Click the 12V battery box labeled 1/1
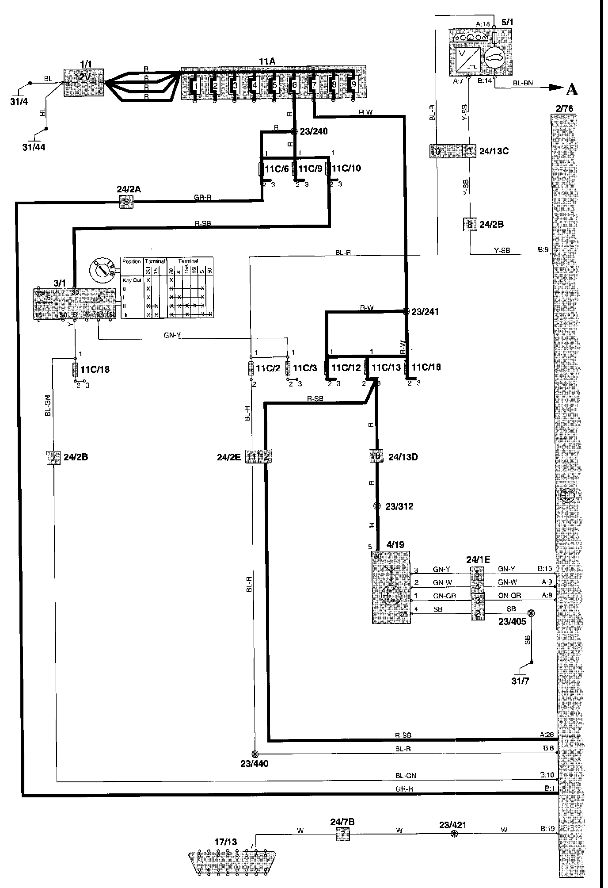tap(84, 82)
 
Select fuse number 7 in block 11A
tap(314, 84)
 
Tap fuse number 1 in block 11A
tap(194, 84)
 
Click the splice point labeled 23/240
tap(294, 131)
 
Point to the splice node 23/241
tap(406, 311)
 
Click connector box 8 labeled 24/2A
tap(126, 203)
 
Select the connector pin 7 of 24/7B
tap(342, 835)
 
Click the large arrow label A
tap(571, 90)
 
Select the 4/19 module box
tap(391, 587)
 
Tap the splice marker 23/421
tap(453, 835)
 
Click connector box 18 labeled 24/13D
tap(376, 456)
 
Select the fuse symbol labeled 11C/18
tap(75, 369)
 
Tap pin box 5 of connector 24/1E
tap(477, 574)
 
